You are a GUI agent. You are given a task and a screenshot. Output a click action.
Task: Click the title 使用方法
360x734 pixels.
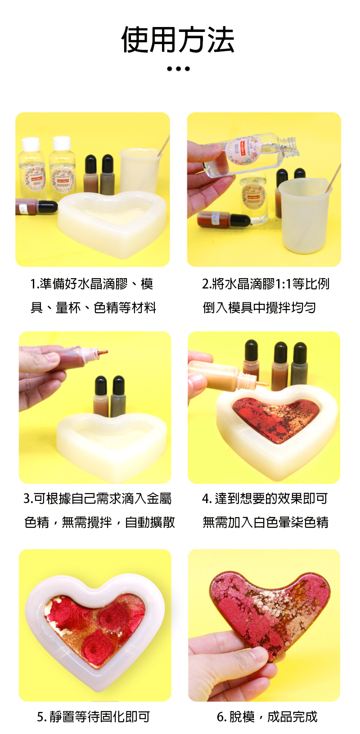pyautogui.click(x=178, y=40)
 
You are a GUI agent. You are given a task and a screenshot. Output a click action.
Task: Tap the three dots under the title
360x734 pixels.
pyautogui.click(x=178, y=69)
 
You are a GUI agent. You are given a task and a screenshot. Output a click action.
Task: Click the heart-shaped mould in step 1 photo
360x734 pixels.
pyautogui.click(x=112, y=223)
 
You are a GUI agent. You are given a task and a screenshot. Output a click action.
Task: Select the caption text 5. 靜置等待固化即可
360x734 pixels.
pyautogui.click(x=93, y=716)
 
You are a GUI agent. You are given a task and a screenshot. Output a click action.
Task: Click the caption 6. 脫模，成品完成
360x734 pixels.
pyautogui.click(x=267, y=716)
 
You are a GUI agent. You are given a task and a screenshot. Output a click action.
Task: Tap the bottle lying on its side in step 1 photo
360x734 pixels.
pyautogui.click(x=36, y=207)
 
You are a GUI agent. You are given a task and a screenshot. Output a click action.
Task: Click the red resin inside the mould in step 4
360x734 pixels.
pyautogui.click(x=276, y=418)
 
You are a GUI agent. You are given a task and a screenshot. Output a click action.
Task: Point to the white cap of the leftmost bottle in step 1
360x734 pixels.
pyautogui.click(x=31, y=144)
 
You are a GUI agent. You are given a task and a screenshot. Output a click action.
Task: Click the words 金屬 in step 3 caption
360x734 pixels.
pyautogui.click(x=159, y=498)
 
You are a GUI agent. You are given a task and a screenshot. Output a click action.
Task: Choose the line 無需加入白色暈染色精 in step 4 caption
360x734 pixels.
pyautogui.click(x=265, y=522)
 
